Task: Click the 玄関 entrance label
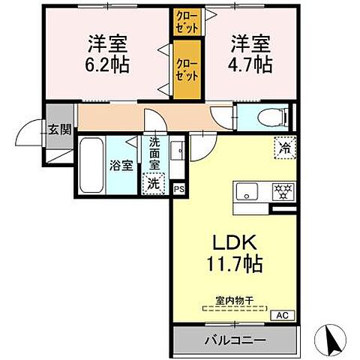[x=59, y=129]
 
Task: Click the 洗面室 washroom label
[x=154, y=154]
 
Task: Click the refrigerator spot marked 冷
[x=285, y=148]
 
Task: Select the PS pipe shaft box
[x=178, y=190]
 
